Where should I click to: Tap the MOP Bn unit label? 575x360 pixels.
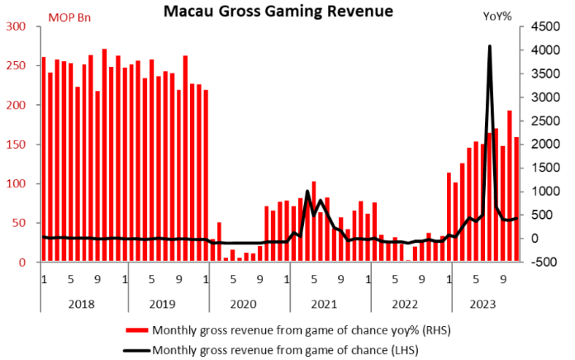70,17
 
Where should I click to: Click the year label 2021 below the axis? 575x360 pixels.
323,303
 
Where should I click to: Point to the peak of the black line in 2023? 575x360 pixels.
490,46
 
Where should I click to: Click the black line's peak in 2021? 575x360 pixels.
307,192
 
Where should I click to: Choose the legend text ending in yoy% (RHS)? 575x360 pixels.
285,330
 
